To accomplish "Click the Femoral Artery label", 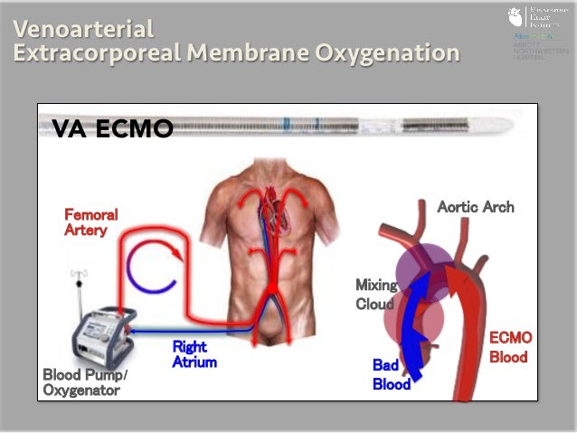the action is pyautogui.click(x=90, y=222).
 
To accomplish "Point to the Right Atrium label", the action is pyautogui.click(x=194, y=354).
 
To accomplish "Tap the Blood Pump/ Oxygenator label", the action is pyautogui.click(x=86, y=382).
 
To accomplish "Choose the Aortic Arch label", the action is pyautogui.click(x=475, y=207).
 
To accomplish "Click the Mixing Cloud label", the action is pyautogui.click(x=374, y=295).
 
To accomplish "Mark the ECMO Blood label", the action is pyautogui.click(x=510, y=347).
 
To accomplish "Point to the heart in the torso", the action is pyautogui.click(x=270, y=217).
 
